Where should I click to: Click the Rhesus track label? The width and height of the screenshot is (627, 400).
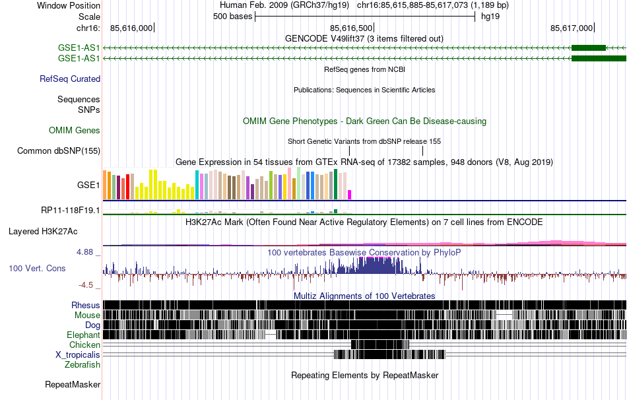(x=86, y=306)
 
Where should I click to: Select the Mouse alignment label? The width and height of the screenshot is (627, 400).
(x=87, y=316)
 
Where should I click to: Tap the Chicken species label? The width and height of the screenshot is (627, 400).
(x=85, y=345)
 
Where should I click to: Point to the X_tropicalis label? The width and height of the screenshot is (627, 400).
(x=78, y=354)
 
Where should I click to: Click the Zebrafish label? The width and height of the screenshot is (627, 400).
(x=82, y=364)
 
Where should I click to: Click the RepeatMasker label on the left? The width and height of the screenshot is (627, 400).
(x=73, y=384)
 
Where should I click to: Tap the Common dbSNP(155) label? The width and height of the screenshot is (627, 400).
(x=59, y=150)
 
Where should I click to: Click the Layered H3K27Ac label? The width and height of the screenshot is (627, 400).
(x=43, y=232)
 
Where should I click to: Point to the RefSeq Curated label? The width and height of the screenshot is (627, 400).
(x=70, y=79)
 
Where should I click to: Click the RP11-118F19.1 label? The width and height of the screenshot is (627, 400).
(x=71, y=211)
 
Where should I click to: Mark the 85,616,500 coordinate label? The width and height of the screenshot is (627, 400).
(x=352, y=28)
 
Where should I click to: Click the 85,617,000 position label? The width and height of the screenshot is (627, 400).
(x=572, y=28)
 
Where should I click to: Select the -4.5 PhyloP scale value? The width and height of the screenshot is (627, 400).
(x=89, y=285)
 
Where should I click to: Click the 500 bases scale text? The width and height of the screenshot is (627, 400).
(x=233, y=17)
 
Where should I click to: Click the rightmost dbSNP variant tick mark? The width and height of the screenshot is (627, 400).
(x=422, y=151)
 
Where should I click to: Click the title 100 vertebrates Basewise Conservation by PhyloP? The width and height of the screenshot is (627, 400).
(x=365, y=253)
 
